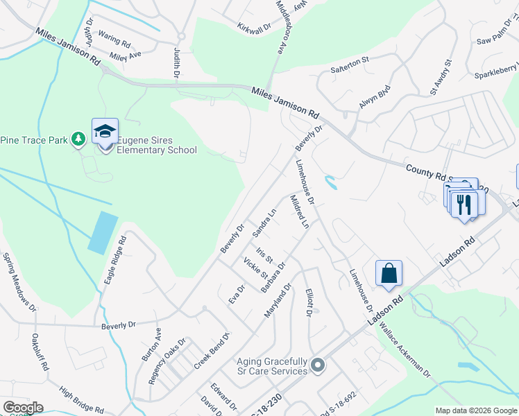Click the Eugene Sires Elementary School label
[156, 145]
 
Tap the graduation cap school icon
[105, 131]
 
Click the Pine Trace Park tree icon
[79, 140]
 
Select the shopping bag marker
[389, 273]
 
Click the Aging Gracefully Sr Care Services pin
[318, 365]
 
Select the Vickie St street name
[250, 267]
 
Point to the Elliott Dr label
[309, 302]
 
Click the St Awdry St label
[441, 76]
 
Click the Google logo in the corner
[22, 407]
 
